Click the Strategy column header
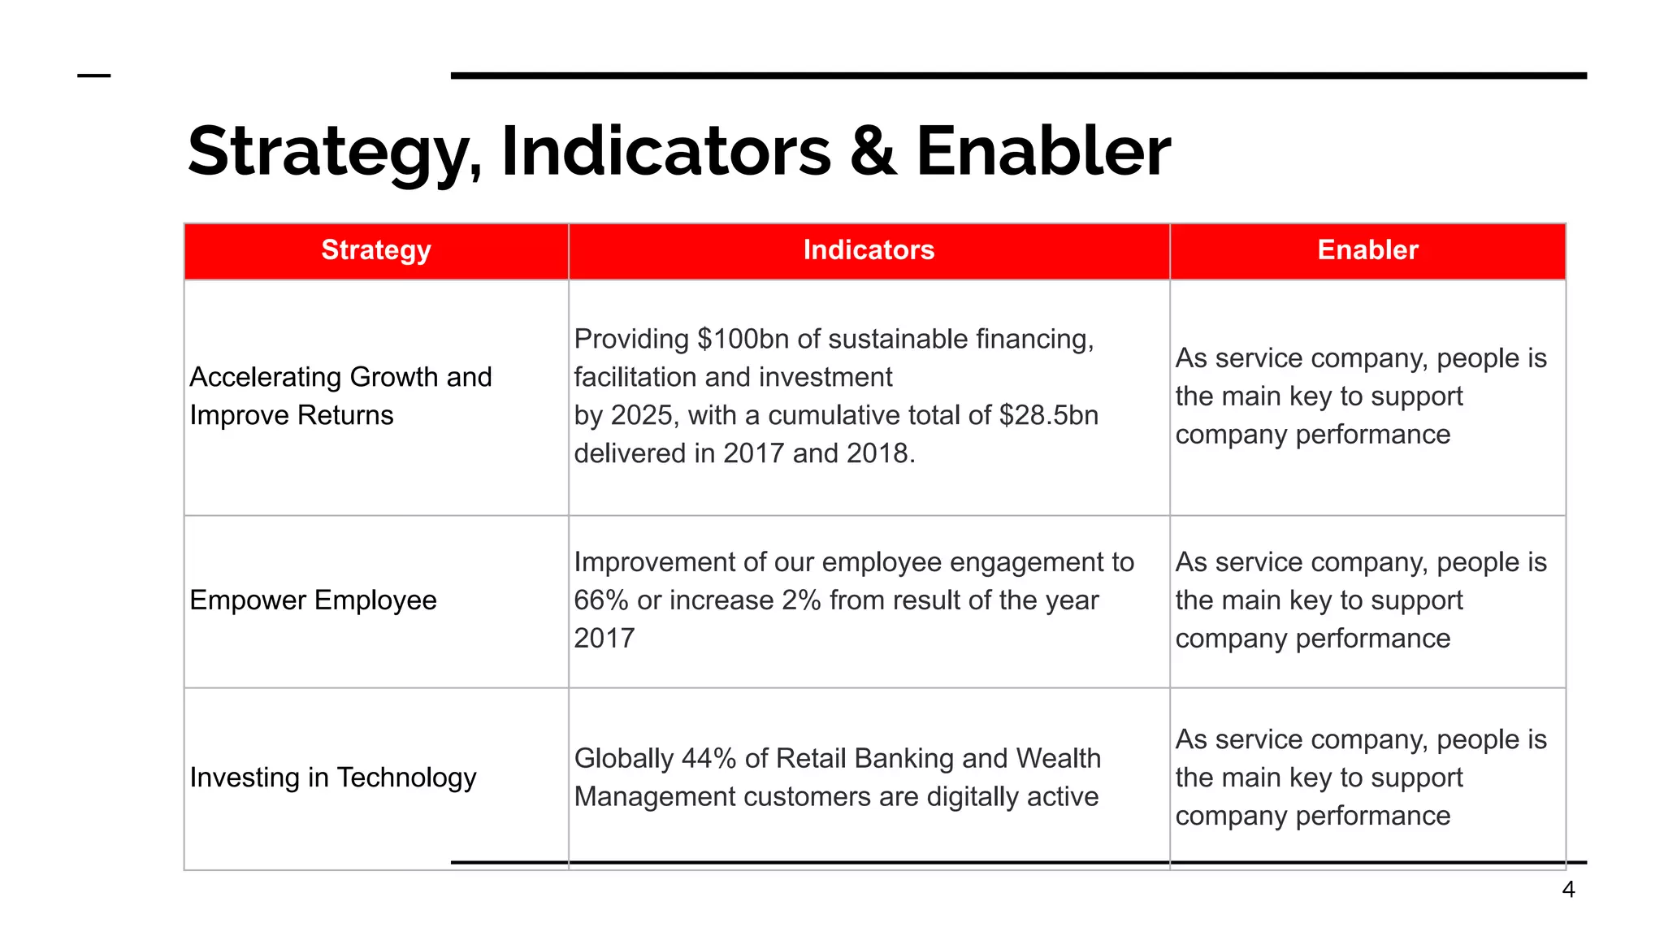(x=375, y=250)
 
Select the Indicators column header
(x=869, y=250)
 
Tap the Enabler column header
(x=1367, y=250)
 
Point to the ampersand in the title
(x=873, y=152)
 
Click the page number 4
(x=1568, y=890)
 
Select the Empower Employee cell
(x=313, y=600)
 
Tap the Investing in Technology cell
(x=332, y=778)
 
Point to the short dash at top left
(x=93, y=76)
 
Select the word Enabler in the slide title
(x=1042, y=152)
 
